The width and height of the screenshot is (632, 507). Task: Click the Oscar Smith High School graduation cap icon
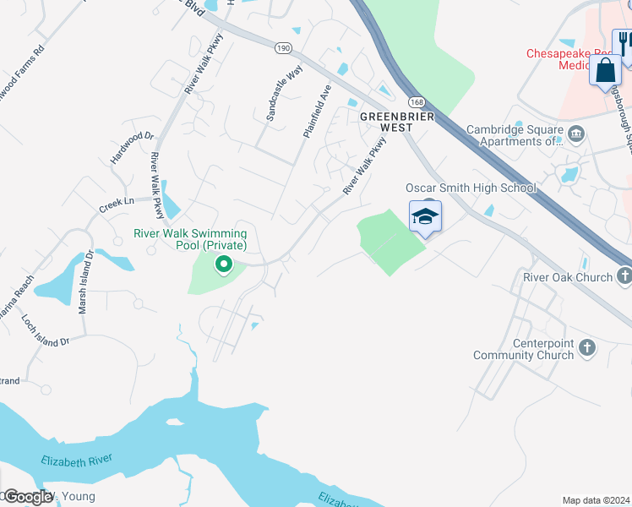coord(426,218)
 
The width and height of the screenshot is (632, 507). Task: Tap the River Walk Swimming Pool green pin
coord(224,265)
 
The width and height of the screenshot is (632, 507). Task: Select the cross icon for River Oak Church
coord(624,276)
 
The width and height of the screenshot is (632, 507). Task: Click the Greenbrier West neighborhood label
coord(385,122)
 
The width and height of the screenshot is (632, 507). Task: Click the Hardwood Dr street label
coord(133,147)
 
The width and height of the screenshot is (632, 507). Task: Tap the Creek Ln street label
coord(117,204)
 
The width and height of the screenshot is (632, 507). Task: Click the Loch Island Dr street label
coord(46,334)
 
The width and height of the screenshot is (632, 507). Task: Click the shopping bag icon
coord(606,71)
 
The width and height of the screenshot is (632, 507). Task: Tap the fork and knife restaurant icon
coord(624,43)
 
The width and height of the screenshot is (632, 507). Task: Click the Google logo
coord(28,498)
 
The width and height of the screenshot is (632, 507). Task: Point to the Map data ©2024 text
coord(596,500)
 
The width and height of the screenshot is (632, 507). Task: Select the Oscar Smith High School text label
coord(471,188)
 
